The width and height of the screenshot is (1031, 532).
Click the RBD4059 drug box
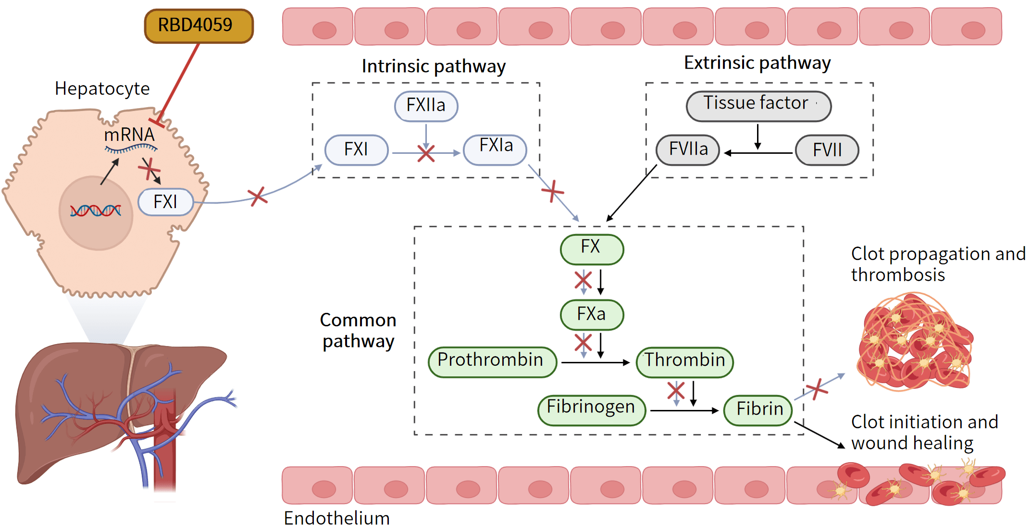pos(199,26)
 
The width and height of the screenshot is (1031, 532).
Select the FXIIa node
pos(426,106)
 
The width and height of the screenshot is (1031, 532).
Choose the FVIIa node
pos(688,149)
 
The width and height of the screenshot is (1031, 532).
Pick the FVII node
pos(827,149)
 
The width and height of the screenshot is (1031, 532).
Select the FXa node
pos(592,315)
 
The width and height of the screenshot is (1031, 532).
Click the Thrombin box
pos(684,361)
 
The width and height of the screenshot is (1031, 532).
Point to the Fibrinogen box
pos(591,409)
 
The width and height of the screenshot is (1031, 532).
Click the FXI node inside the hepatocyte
pos(165,202)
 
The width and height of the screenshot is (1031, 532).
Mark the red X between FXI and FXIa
pos(426,154)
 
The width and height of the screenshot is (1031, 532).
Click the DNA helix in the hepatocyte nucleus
pos(96,210)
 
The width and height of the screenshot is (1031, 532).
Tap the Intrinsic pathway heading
pos(434,66)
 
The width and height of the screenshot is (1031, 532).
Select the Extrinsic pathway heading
pos(757,63)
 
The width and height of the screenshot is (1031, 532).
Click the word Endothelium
pos(336,519)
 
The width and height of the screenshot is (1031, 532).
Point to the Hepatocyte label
pos(102,89)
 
